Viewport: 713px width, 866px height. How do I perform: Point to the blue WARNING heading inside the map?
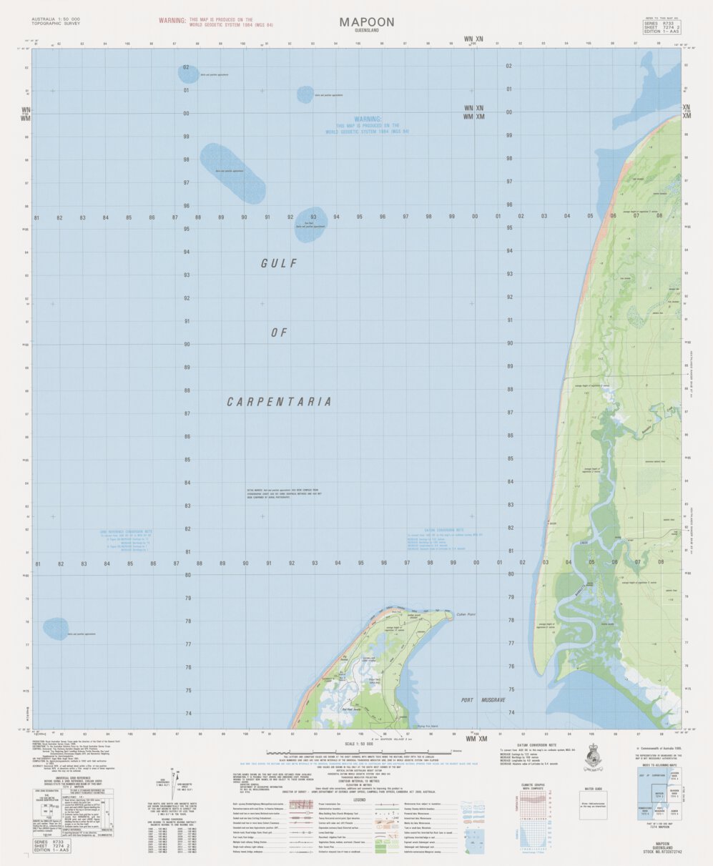(x=367, y=119)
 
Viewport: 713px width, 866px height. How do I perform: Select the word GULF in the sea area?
(x=278, y=264)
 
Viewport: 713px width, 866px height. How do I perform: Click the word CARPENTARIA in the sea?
(x=279, y=402)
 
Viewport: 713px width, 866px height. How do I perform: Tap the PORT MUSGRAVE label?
(x=483, y=699)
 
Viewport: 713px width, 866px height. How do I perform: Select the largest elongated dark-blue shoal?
(x=232, y=172)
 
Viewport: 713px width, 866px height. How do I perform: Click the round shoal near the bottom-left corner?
(x=55, y=629)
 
